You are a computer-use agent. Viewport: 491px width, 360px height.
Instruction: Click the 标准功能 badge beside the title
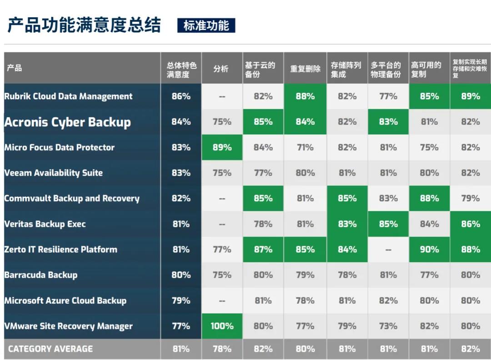pos(206,25)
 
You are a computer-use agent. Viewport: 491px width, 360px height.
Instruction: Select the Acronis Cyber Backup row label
pos(68,122)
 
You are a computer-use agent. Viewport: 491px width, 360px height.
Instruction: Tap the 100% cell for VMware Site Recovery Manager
pos(222,326)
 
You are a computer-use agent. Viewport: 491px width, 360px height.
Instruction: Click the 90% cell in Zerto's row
pos(429,250)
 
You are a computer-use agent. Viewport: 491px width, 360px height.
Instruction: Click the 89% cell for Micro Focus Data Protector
pos(222,147)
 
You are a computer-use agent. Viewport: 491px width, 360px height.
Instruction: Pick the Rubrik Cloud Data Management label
pos(68,96)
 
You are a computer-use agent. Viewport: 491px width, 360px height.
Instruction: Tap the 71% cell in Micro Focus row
pos(305,147)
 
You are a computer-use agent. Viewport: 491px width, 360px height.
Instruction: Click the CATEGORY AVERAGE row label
pos(50,349)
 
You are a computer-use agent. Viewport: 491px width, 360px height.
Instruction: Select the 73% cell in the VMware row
pos(388,326)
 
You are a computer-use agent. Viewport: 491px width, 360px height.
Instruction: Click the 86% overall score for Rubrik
pos(181,96)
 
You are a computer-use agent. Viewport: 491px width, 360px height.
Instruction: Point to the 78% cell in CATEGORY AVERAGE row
pos(222,349)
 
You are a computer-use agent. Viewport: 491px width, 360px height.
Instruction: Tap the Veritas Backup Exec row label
pos(45,224)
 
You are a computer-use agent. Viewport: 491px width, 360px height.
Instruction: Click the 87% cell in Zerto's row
pos(263,250)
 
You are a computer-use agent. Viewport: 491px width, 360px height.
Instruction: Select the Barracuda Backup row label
pos(41,275)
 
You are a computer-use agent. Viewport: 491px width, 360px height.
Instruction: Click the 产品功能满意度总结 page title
pos(84,25)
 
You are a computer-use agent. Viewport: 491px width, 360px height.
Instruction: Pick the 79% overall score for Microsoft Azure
pos(181,300)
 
